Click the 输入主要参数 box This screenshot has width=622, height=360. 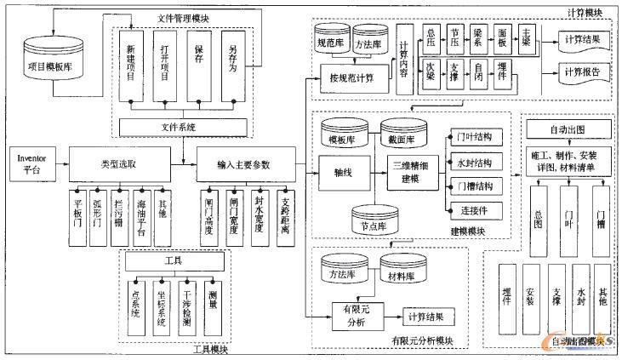(246, 163)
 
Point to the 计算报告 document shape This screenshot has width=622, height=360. (584, 71)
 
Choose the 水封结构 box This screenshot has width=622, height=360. (474, 161)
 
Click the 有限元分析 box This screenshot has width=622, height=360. (355, 316)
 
